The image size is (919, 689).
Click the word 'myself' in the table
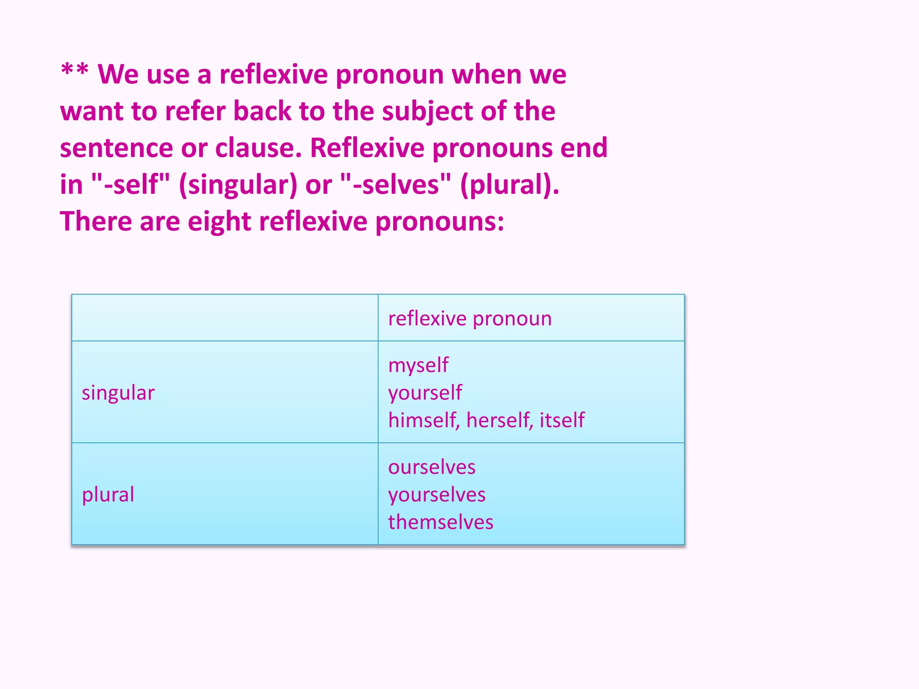(418, 366)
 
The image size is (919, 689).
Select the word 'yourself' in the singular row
(425, 393)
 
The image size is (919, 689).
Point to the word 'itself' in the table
(562, 420)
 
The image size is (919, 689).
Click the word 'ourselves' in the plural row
(432, 467)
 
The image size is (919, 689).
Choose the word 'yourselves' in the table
(437, 495)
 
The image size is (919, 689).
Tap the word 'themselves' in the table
(441, 522)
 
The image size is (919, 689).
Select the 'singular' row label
(118, 393)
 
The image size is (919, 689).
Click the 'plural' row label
(108, 495)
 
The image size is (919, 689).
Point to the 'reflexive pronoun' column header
(470, 318)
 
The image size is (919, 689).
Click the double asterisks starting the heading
(74, 71)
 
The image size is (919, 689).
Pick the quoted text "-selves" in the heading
(395, 184)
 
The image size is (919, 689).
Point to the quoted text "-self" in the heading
(131, 184)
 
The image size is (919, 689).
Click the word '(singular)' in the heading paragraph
(238, 185)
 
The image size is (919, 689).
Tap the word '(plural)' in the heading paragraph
(509, 185)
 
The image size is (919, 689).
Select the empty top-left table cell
(225, 318)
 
